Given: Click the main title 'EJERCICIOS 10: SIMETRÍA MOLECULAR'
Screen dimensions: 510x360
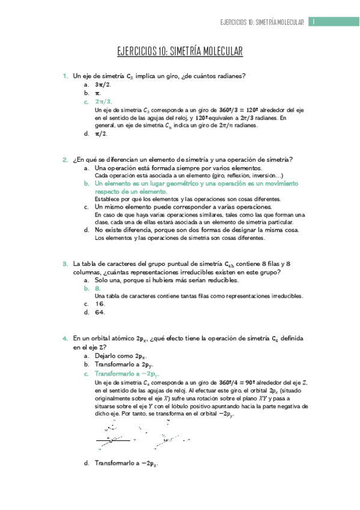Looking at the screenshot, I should pos(180,52).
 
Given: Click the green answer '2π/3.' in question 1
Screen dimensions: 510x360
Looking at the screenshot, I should pos(103,102).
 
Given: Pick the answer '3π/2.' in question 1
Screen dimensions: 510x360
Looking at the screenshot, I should pos(103,85).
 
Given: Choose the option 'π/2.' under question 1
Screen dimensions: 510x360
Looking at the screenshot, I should pos(101,134).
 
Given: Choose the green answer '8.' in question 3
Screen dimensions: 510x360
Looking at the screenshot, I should pos(97,288).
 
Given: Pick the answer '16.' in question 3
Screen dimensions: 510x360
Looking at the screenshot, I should pos(100,304).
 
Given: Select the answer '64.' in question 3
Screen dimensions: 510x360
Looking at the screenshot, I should pos(100,312).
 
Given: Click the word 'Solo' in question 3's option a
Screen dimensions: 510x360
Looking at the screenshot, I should pos(102,280).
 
